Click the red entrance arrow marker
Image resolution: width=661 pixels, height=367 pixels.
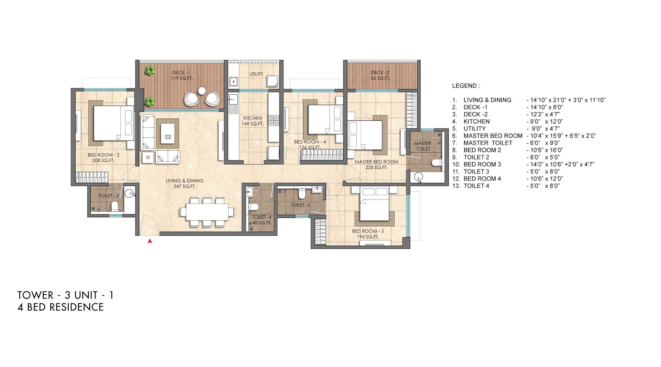pos(150,241)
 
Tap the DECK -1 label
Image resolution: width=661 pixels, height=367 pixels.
pos(181,75)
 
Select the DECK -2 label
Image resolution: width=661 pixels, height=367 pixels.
pos(380,75)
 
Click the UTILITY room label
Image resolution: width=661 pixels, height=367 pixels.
pos(256,74)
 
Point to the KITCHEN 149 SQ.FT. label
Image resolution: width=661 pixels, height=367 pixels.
pos(253,121)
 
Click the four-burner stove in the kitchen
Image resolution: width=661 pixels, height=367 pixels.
pos(274,120)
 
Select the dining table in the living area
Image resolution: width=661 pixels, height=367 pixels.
pos(207,212)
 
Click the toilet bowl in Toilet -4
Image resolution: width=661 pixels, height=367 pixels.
pos(253,207)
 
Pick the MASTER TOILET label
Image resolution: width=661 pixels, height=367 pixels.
pos(423,146)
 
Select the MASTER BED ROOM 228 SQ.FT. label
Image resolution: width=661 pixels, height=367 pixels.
pos(376,165)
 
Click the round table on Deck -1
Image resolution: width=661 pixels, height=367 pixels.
pos(202,90)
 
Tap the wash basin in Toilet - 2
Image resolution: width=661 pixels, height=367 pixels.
pos(129,193)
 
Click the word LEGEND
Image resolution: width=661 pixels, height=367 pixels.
pos(465,86)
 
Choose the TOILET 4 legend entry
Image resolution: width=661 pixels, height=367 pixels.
pos(476,186)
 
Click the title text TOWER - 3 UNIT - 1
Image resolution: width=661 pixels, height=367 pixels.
pos(65,295)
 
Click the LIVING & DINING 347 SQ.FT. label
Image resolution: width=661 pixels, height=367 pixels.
pos(184,183)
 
